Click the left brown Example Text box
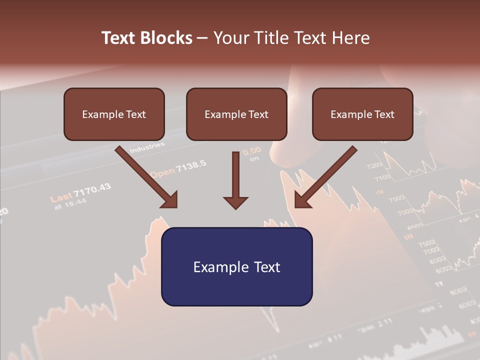pos(114,114)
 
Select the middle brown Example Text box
pos(236,114)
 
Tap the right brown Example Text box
pos(362,114)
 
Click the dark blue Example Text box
pos(236,266)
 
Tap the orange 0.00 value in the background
pos(252,150)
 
